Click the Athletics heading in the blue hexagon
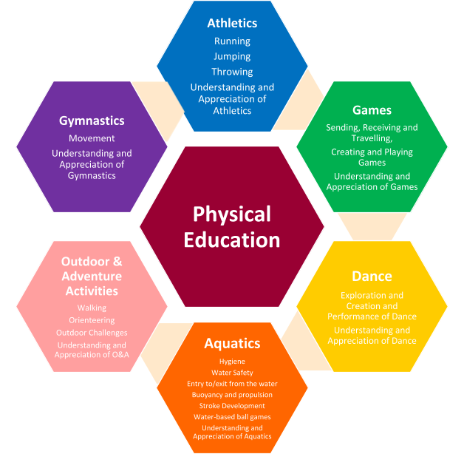pos(232,24)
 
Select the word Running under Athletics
pos(232,41)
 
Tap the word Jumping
pos(232,56)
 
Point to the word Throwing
pos(232,72)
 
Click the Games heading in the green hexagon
pos(372,110)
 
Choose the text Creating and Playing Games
pos(372,157)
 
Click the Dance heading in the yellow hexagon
pos(372,276)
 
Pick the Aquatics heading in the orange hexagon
pos(232,343)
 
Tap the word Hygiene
pos(232,362)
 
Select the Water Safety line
pos(232,373)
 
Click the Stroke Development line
pos(232,406)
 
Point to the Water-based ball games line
pos(232,417)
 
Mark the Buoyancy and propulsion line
pos(232,395)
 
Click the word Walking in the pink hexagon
pos(92,308)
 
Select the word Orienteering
pos(92,320)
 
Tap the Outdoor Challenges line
pos(92,333)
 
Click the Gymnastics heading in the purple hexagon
pos(92,121)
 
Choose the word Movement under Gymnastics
pos(92,138)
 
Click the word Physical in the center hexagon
pos(232,214)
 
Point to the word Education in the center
pos(232,240)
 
